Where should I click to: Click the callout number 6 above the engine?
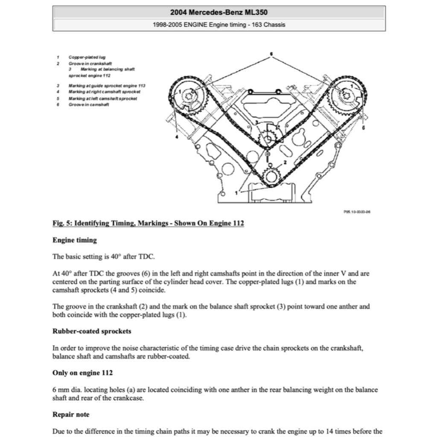271,54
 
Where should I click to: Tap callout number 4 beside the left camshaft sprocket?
177,137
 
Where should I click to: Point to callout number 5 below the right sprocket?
363,127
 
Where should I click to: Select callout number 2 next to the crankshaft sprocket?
285,162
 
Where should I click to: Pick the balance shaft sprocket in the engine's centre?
268,139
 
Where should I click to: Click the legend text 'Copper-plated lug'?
87,57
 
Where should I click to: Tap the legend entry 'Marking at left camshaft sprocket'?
103,99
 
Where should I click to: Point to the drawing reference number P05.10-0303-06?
356,211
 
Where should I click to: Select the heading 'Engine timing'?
75,240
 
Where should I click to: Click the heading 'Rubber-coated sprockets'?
92,331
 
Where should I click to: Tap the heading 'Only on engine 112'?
82,373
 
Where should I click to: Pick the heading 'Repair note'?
71,414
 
